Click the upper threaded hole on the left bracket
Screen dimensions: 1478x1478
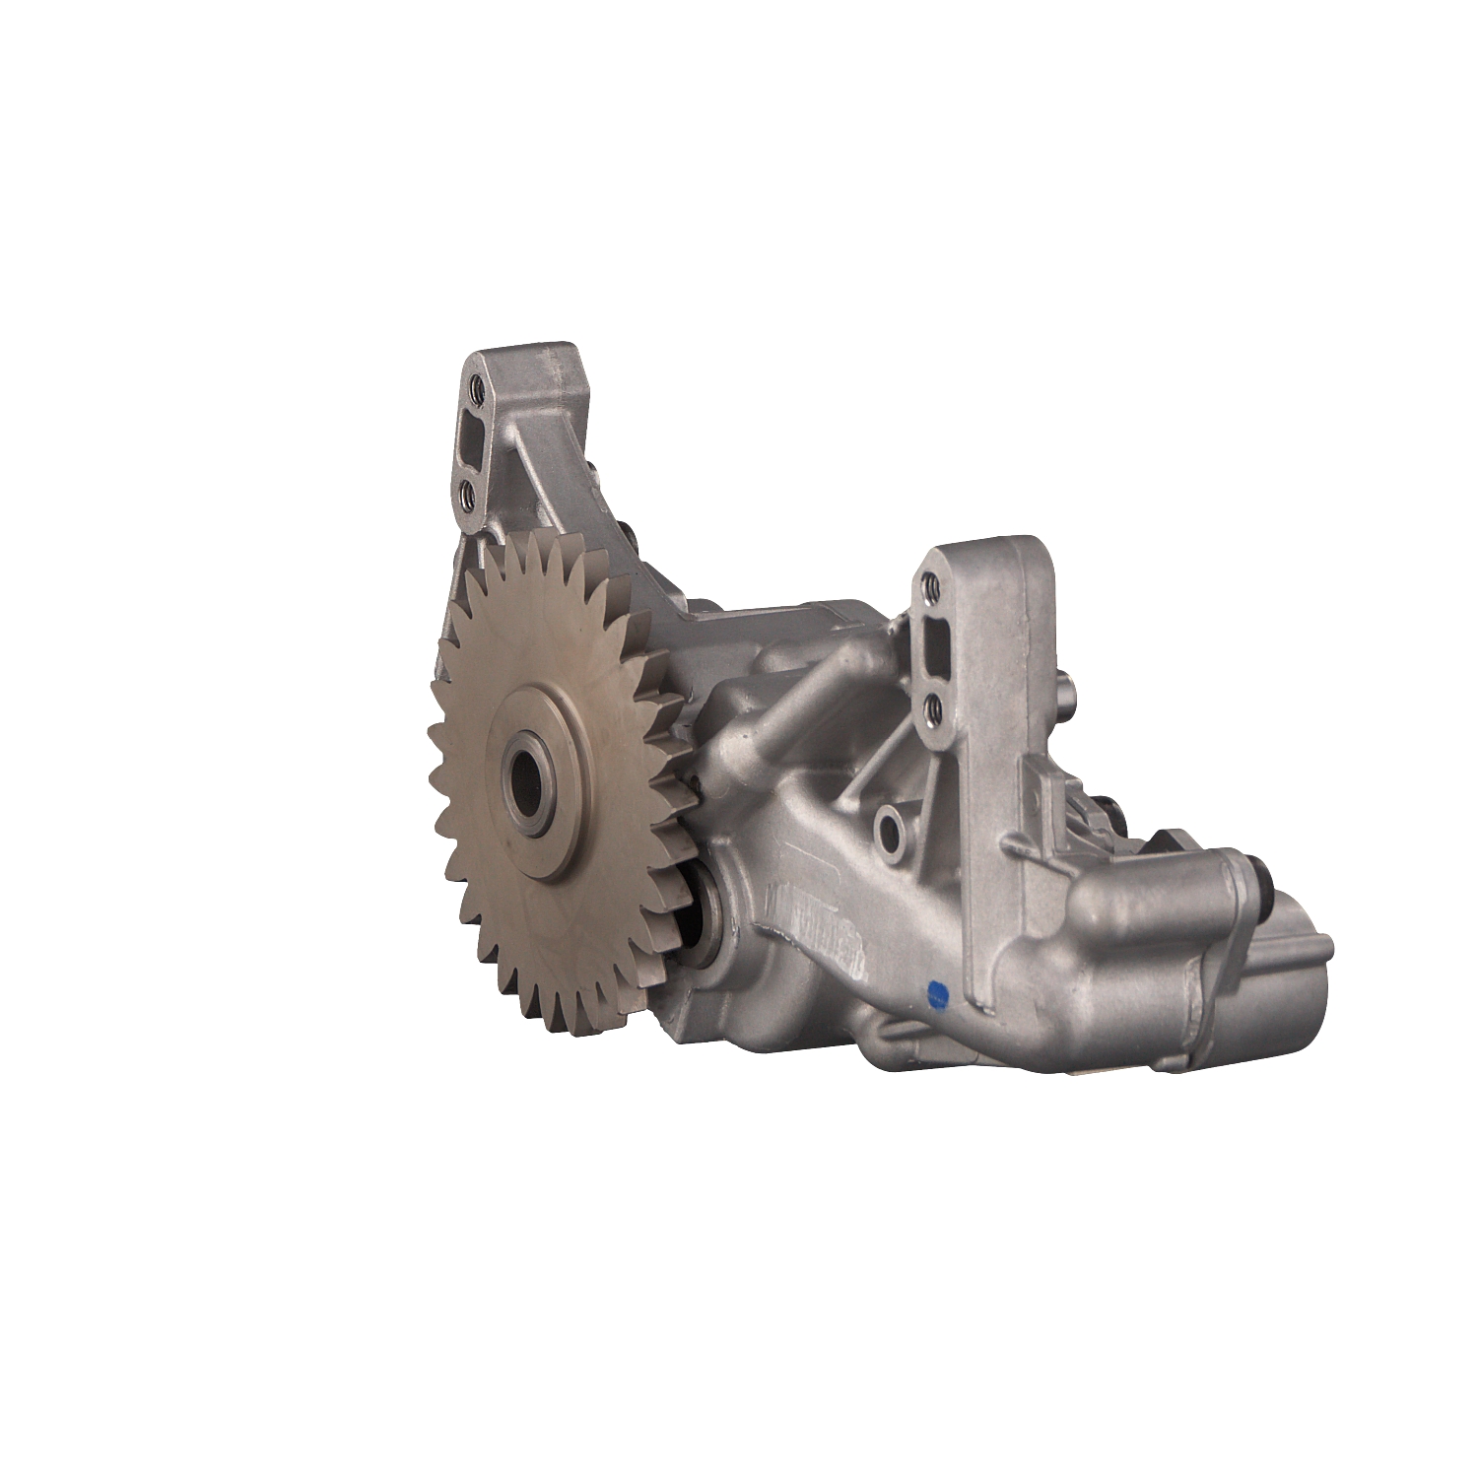478,385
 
